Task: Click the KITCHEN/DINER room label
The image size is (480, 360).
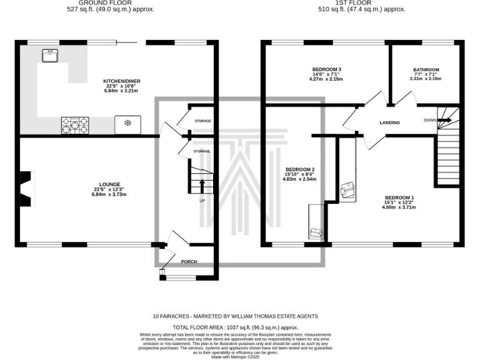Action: pyautogui.click(x=122, y=81)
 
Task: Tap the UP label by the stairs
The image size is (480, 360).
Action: pyautogui.click(x=202, y=201)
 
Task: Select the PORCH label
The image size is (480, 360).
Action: pyautogui.click(x=189, y=262)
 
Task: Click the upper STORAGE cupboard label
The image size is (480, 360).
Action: pyautogui.click(x=202, y=120)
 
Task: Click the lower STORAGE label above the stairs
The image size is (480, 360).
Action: pyautogui.click(x=201, y=151)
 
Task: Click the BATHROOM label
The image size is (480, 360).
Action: pyautogui.click(x=426, y=70)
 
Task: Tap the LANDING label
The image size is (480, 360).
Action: pyautogui.click(x=389, y=122)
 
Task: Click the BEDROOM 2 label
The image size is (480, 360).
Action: pyautogui.click(x=299, y=169)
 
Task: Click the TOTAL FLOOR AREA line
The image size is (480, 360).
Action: pyautogui.click(x=236, y=327)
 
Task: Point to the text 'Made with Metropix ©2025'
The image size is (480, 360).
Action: pyautogui.click(x=236, y=356)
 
